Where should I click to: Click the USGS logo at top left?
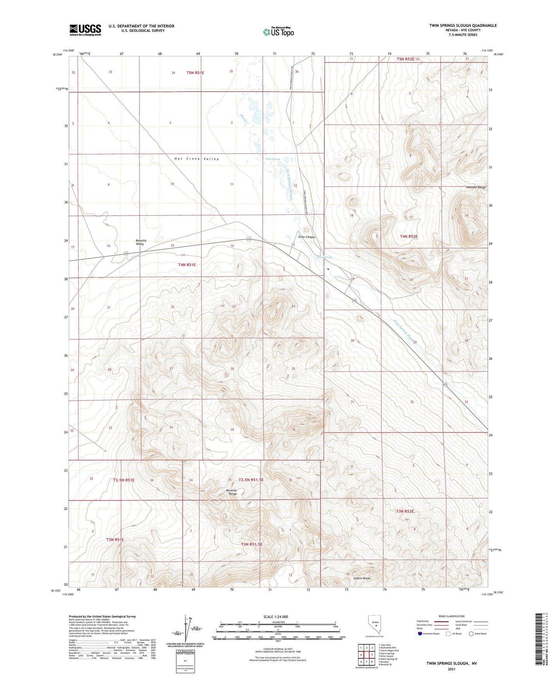85,30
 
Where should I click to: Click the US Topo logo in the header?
278,32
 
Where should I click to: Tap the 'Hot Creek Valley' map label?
196,159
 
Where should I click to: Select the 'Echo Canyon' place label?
307,237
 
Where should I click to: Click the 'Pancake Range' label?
476,188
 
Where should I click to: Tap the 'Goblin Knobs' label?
362,578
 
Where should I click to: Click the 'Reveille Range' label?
232,492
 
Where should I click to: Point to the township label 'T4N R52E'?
409,236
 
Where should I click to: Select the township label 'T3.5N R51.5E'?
251,480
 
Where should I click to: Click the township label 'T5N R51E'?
195,73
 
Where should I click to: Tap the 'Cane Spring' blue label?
272,159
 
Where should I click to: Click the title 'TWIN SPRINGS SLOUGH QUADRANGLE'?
463,26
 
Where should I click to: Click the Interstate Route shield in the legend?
420,634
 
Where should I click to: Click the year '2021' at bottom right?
451,669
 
